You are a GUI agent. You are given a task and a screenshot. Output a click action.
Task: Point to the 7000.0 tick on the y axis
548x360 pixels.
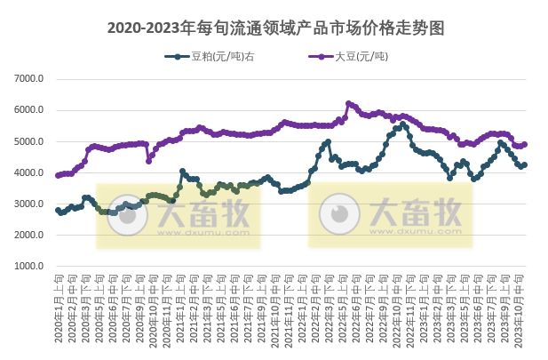(x=29, y=79)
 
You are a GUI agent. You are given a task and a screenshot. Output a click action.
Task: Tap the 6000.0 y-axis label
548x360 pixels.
(x=29, y=110)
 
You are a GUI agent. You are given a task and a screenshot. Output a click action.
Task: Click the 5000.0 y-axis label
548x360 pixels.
(x=29, y=141)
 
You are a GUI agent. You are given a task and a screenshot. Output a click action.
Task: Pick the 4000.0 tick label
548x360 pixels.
(x=29, y=172)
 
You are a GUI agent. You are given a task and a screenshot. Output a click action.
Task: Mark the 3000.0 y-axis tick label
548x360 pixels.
(x=29, y=204)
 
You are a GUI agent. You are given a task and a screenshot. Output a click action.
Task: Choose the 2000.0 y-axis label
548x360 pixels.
(x=29, y=235)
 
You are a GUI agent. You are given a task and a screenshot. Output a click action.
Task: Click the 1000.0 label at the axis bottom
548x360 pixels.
(x=29, y=266)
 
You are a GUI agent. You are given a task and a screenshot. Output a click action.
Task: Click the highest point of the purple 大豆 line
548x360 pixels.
(x=348, y=103)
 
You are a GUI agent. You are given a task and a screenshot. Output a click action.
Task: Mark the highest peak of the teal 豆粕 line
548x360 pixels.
(x=405, y=124)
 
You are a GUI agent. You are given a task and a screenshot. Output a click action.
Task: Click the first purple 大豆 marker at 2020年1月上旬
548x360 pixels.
(x=58, y=175)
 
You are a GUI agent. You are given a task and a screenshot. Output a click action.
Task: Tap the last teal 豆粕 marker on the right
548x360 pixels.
(x=525, y=164)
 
